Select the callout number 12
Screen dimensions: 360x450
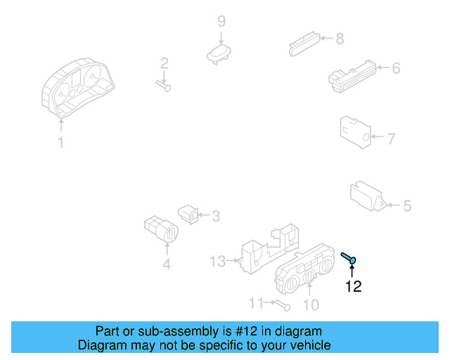tap(352, 286)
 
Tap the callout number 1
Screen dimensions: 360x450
tap(61, 143)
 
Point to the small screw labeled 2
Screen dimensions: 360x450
tap(164, 86)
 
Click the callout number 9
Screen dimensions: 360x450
tap(221, 21)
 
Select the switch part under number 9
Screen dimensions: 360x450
tap(219, 54)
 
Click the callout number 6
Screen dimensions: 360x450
tap(396, 68)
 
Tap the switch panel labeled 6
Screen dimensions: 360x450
tap(351, 75)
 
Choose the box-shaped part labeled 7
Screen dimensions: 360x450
tap(354, 131)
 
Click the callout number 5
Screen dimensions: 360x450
tap(406, 206)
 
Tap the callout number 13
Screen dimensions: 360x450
tap(218, 262)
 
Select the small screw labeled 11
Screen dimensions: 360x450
tap(282, 305)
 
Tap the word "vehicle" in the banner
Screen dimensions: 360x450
tap(309, 345)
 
